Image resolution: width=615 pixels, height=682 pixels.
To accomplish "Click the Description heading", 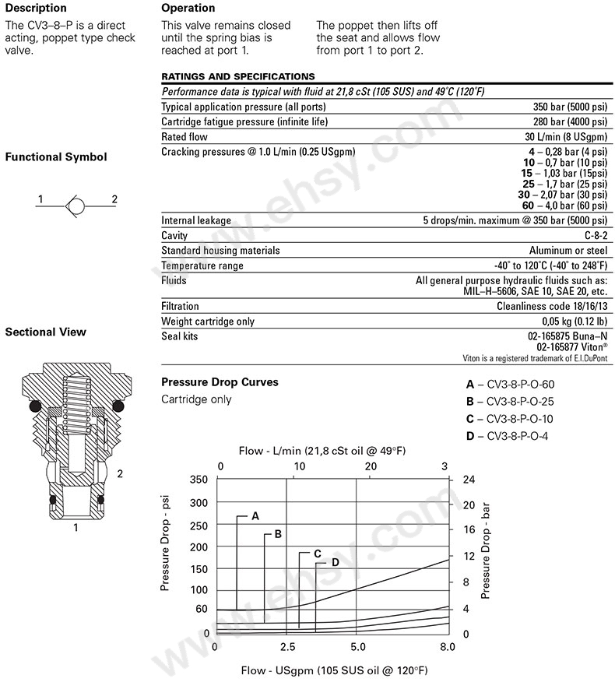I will [36, 9].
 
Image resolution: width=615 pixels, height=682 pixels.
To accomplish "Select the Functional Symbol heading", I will [56, 156].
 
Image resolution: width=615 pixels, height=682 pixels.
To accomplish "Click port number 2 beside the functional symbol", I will [114, 199].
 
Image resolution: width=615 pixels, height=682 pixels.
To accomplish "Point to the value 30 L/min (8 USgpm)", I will [568, 136].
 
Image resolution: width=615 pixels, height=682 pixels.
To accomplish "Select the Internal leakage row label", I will [196, 220].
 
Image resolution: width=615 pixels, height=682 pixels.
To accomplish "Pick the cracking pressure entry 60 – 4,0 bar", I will [562, 206].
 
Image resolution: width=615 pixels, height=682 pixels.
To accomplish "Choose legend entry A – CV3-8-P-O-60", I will [510, 384].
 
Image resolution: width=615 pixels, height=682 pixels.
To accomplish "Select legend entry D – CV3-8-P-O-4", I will [507, 435].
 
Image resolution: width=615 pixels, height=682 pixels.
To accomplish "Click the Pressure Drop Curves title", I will [219, 382].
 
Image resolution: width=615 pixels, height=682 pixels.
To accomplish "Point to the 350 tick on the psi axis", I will [200, 479].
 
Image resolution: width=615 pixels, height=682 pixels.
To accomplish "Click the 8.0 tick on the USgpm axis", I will [447, 646].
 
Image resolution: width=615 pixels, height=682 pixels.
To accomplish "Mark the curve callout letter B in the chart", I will [277, 534].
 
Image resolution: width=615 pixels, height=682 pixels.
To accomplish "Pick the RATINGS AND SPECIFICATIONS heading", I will [237, 76].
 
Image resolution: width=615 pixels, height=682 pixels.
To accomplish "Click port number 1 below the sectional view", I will [76, 528].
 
